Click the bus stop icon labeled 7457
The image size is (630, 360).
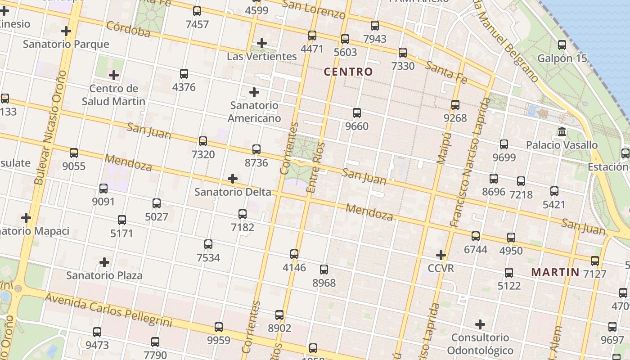[197, 11]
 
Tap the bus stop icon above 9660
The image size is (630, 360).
[357, 113]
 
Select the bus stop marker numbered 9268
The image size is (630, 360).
[455, 105]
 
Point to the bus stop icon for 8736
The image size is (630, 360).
[256, 149]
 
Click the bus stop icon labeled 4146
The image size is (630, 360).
[294, 254]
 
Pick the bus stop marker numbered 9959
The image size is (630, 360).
[219, 327]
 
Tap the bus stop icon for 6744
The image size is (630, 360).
[476, 236]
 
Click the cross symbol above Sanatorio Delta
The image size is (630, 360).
[233, 179]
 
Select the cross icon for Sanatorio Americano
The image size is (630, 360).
[254, 92]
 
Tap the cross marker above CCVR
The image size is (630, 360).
[441, 255]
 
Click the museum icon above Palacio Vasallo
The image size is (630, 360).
[562, 132]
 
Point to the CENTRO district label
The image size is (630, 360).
[348, 72]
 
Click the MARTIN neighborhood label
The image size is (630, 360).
[555, 272]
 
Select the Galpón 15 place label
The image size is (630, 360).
[562, 58]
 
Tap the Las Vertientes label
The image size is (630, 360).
[262, 56]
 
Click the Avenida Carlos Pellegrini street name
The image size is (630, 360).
[108, 310]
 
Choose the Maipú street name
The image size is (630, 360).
[444, 148]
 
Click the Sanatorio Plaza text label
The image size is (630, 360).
[104, 275]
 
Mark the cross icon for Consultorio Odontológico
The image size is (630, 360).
[480, 324]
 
